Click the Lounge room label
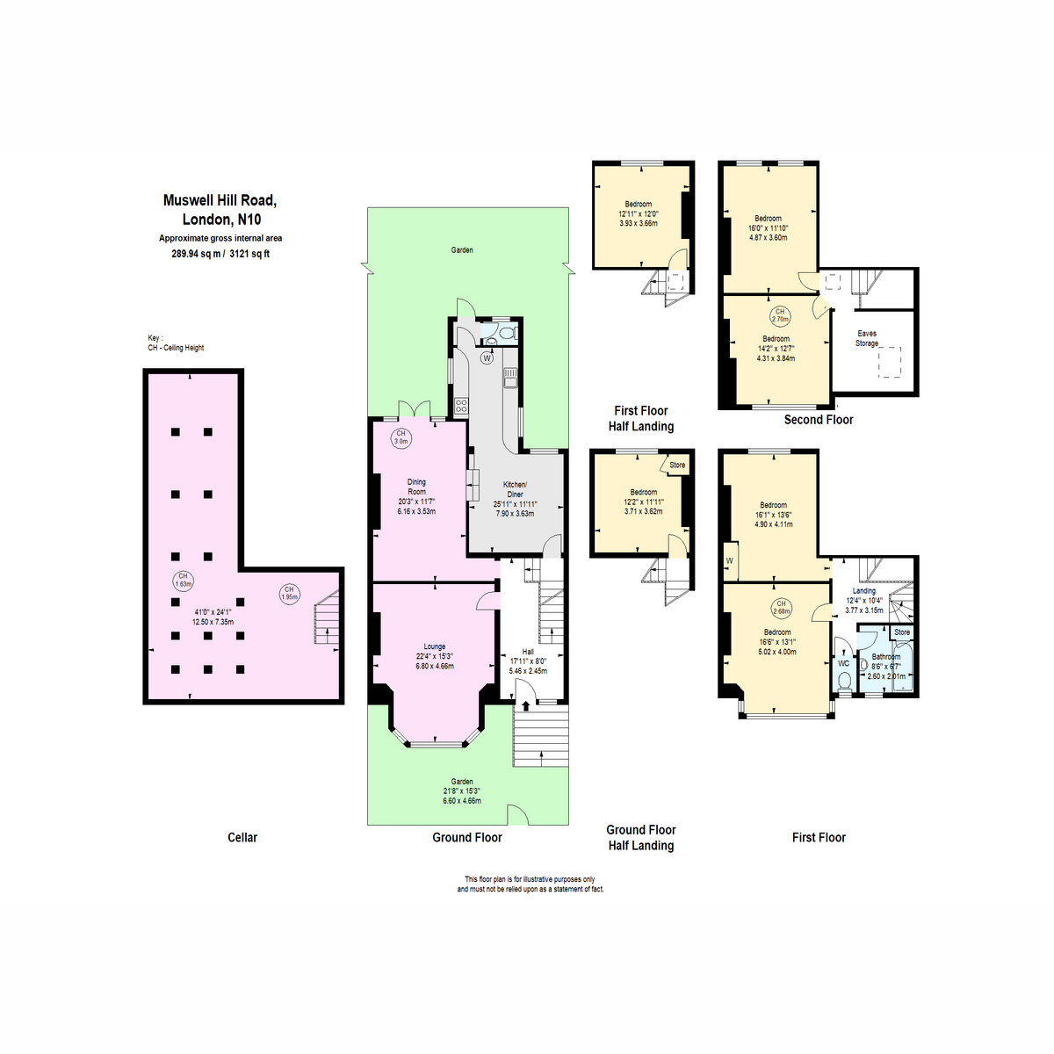434,646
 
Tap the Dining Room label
416,487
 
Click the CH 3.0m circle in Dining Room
401,437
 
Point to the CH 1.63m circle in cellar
184,581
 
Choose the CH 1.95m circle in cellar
289,593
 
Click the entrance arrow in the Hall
525,704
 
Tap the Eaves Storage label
867,338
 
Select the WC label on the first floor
843,663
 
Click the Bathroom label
885,656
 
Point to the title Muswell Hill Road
220,200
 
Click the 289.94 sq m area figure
195,254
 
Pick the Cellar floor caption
242,837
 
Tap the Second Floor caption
819,420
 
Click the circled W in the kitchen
487,358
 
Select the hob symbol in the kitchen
461,406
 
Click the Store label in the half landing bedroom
677,465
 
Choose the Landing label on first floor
863,591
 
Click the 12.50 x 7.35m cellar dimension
213,622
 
